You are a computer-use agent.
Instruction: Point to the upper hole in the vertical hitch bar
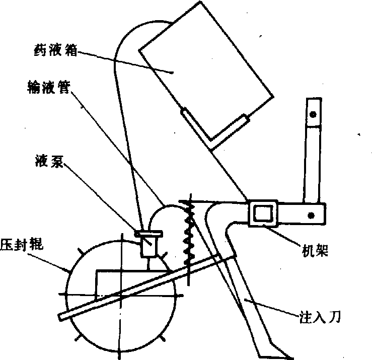313,115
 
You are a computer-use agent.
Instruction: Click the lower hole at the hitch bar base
313,214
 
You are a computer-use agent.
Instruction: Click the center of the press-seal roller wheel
121,295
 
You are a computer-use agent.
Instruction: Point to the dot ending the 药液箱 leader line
173,73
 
